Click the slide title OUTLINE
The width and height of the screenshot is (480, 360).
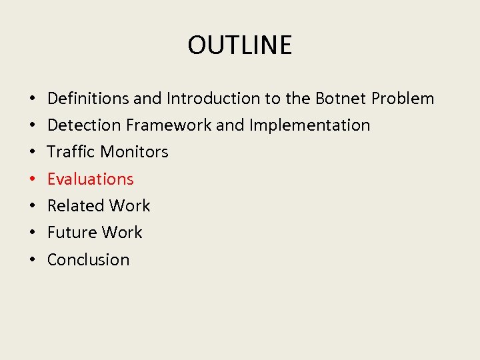coord(239,45)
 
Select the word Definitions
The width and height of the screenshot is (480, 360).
coord(88,99)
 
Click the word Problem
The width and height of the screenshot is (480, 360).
coord(403,99)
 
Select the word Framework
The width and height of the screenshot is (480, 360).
coord(175,125)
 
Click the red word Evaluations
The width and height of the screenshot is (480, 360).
coord(90,179)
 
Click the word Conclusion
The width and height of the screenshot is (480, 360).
coord(88,259)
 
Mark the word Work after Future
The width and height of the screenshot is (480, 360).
coord(121,233)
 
